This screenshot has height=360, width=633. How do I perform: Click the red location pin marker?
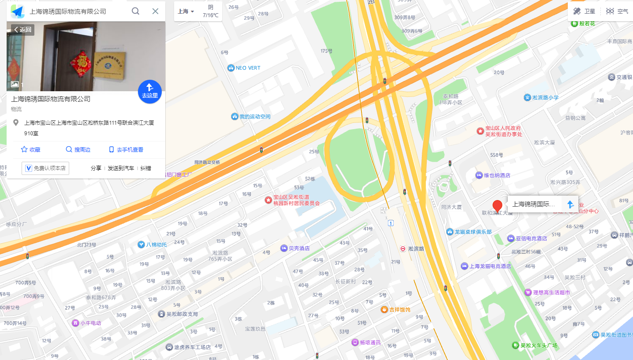click(497, 206)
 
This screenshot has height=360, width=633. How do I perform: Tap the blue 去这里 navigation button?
click(149, 92)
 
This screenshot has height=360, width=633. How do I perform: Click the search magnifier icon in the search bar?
click(136, 11)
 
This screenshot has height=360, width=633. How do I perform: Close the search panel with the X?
click(155, 11)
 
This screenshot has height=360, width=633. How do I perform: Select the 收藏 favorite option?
click(30, 149)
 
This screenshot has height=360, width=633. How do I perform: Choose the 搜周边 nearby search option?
click(78, 149)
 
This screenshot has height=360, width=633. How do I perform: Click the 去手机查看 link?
click(126, 149)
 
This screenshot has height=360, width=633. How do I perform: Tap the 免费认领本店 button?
click(45, 168)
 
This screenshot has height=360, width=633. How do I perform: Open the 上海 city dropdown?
click(186, 11)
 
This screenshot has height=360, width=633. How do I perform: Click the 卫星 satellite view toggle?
click(584, 11)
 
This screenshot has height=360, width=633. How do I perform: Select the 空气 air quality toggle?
click(617, 11)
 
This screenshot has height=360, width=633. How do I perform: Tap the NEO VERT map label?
click(244, 68)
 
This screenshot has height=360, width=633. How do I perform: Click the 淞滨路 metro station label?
click(412, 249)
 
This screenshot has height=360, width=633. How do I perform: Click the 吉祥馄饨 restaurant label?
click(395, 309)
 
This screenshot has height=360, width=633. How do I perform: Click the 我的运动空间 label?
click(251, 117)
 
